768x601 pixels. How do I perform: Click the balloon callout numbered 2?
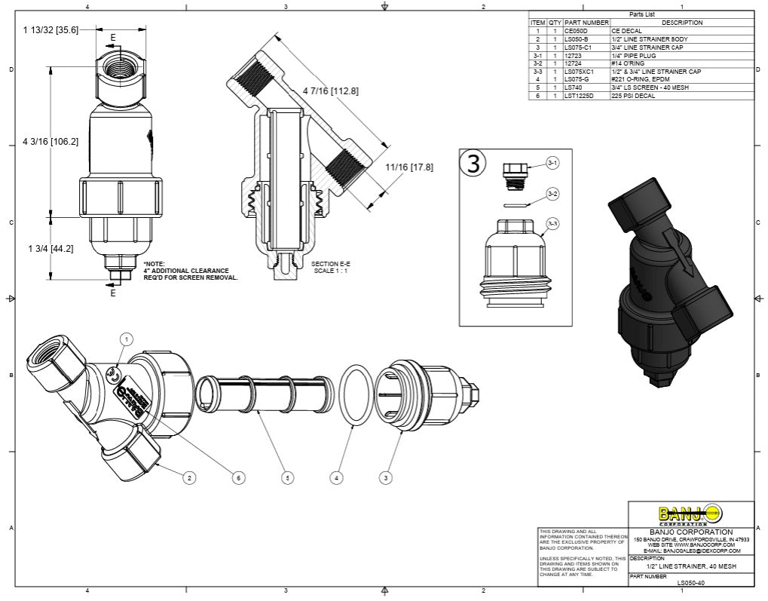tap(190, 477)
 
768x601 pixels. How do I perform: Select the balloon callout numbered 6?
tap(238, 477)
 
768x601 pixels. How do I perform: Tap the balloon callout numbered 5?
tap(286, 477)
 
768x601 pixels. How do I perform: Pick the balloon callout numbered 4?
tap(336, 477)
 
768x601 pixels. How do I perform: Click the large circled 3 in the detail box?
tap(473, 164)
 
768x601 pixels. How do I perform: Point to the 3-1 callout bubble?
tap(552, 163)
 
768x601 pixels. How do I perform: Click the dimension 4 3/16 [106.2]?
tap(50, 141)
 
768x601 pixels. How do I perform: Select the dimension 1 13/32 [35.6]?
tap(50, 29)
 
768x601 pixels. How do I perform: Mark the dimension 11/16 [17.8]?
tap(409, 167)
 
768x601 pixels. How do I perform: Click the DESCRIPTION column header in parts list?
tap(681, 23)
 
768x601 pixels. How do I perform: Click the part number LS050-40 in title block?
tap(690, 582)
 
